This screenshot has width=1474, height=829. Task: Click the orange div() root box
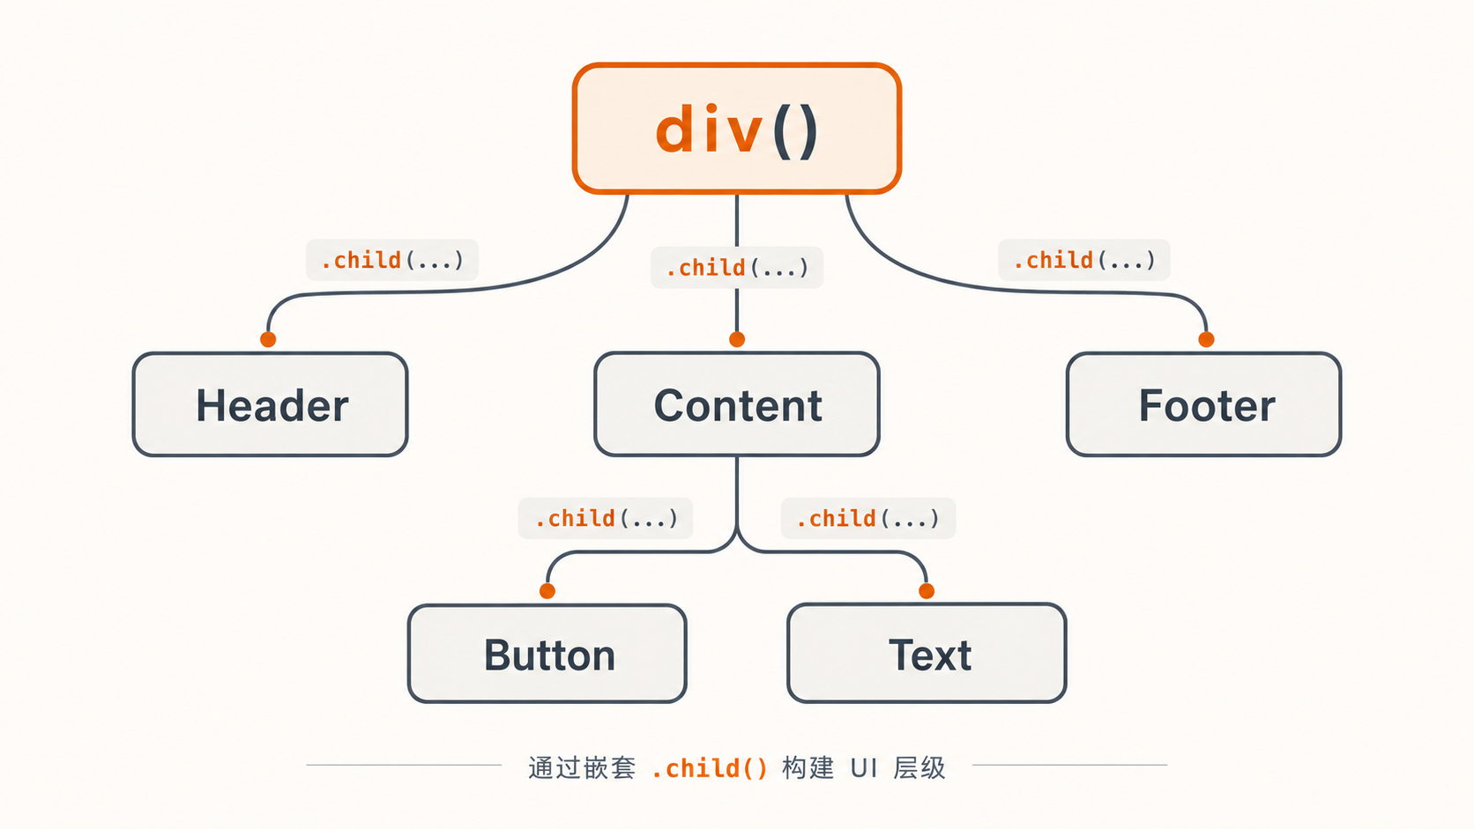[736, 129]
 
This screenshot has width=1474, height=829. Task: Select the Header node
[271, 404]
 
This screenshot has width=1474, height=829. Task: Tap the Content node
[737, 404]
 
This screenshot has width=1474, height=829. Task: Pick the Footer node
[1203, 404]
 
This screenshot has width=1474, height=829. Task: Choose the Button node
[547, 654]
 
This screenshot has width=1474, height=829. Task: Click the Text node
[927, 654]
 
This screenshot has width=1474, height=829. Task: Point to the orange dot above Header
[268, 339]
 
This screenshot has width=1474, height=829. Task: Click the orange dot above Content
[737, 339]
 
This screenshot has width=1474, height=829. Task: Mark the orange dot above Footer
[1206, 339]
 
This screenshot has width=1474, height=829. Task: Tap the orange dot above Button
[547, 591]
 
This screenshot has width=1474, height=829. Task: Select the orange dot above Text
[927, 591]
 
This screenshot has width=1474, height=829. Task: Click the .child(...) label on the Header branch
[392, 261]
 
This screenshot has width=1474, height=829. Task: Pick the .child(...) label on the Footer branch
[1084, 261]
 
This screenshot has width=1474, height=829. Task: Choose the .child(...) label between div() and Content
[737, 268]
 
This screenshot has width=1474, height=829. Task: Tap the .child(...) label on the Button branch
[606, 519]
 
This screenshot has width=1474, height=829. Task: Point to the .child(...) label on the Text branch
[868, 519]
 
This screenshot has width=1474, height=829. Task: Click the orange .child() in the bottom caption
[710, 768]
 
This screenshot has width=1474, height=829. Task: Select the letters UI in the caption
[863, 768]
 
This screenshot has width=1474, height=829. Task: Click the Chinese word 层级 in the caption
[919, 768]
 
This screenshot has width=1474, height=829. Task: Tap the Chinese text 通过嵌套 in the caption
[582, 768]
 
